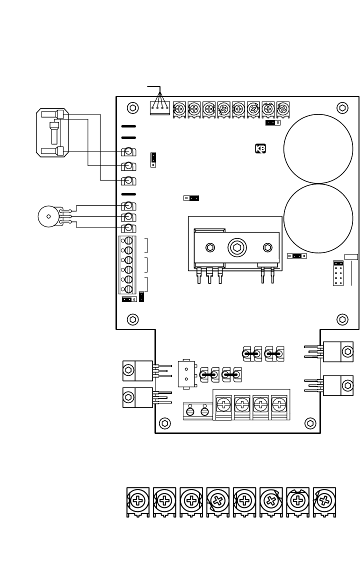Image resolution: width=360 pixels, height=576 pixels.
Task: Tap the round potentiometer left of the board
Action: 48,216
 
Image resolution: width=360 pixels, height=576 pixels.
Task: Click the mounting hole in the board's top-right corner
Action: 342,107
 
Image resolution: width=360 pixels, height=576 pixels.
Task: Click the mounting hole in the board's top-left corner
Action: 132,107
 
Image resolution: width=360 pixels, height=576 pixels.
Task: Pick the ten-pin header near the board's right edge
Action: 338,273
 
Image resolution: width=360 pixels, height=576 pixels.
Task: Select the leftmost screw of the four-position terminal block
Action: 223,402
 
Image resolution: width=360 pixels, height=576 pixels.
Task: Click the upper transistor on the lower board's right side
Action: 338,351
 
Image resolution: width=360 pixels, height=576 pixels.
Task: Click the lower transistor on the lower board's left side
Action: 138,397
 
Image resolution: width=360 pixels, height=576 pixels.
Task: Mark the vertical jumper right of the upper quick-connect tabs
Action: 153,159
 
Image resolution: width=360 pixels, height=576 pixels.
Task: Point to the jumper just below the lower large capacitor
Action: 296,256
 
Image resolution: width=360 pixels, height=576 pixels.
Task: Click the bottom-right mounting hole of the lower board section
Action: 310,423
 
